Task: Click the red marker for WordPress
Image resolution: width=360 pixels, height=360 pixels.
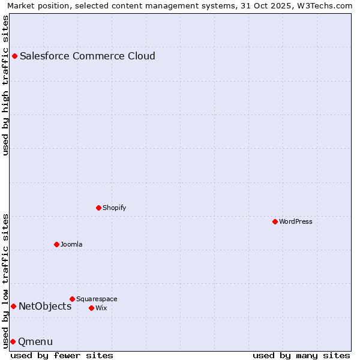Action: point(275,221)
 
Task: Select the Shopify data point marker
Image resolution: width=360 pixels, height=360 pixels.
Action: point(99,208)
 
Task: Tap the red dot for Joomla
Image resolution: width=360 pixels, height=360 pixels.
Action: point(57,244)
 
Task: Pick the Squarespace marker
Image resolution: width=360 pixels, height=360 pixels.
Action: point(73,299)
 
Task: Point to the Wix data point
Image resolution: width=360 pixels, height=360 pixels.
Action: point(92,308)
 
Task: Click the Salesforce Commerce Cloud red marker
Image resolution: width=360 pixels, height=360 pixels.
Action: point(15,56)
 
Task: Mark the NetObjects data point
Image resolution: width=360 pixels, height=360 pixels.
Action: point(14,307)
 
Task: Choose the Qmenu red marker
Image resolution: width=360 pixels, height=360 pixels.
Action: point(13,341)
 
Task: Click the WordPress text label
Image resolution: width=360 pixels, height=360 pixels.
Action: point(296,221)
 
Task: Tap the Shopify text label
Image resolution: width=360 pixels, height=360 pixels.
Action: point(114,208)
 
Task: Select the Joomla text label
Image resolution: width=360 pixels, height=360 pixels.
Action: point(71,244)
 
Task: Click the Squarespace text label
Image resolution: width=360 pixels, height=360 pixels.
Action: point(97,299)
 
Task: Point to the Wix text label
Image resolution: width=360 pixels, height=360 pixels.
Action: point(101,308)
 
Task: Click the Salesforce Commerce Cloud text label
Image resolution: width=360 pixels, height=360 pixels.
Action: point(88,56)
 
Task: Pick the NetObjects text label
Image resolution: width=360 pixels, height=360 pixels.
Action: point(45,307)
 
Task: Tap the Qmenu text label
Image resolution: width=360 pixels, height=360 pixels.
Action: point(35,342)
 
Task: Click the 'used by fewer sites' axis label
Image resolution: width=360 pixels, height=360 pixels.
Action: point(62,355)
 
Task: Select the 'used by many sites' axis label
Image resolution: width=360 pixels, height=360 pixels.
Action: point(301,355)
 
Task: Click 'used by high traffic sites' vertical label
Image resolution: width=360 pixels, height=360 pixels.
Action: point(6,85)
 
